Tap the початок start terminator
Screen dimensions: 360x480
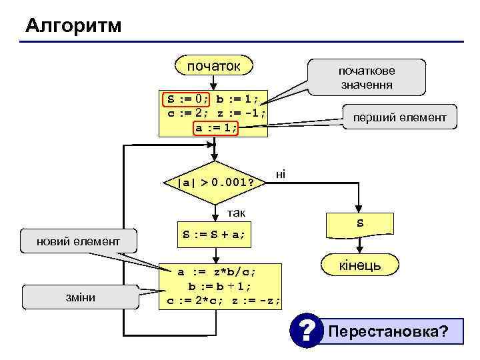213,66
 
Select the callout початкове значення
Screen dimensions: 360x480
365,77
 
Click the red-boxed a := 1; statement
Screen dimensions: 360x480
215,127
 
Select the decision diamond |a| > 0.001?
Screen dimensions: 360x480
213,182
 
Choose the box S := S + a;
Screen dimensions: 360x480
214,234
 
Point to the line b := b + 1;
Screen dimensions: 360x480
219,286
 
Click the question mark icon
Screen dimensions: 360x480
305,331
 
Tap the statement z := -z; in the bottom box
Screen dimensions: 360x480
257,301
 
